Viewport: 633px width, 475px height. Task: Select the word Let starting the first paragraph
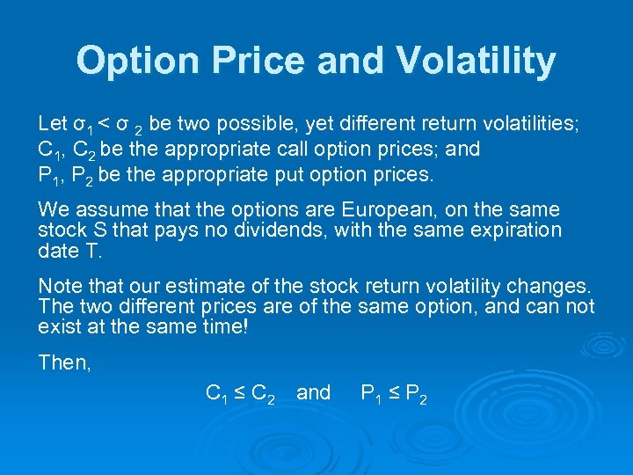pyautogui.click(x=52, y=122)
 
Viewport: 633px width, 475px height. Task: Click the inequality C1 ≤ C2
pyautogui.click(x=240, y=394)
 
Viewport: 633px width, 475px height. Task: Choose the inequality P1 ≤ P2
pyautogui.click(x=395, y=394)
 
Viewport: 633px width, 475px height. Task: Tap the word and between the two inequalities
pyautogui.click(x=314, y=392)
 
